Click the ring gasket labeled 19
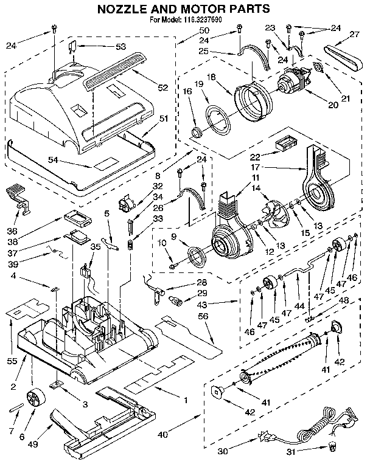214,117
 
